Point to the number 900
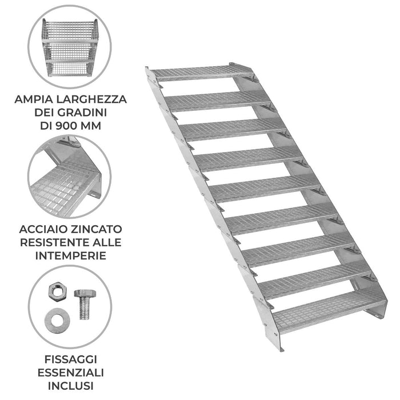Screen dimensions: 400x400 point(71,125)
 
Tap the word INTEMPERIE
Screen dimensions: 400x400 point(71,255)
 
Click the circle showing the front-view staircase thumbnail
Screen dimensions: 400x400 point(70,47)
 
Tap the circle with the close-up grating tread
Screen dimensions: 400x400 point(70,177)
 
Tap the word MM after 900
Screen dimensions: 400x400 point(93,125)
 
